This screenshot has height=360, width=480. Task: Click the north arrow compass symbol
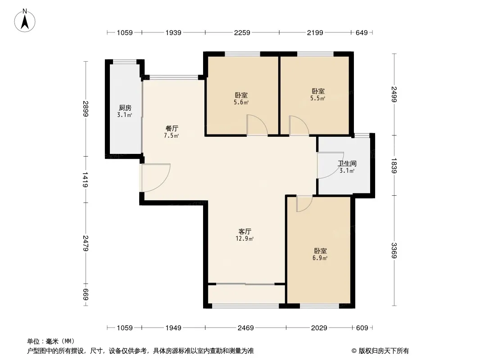[x=25, y=21]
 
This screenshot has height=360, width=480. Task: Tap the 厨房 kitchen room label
[x=125, y=108]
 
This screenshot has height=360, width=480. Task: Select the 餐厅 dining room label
[x=172, y=128]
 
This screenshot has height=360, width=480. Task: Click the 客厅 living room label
[x=245, y=231]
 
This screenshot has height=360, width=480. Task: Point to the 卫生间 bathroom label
[x=347, y=164]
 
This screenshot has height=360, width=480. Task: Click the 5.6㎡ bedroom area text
[x=241, y=103]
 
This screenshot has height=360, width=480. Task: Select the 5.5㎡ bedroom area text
[x=318, y=98]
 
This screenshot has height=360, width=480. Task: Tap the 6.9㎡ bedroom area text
[x=320, y=258]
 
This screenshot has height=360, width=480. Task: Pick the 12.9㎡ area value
[x=245, y=238]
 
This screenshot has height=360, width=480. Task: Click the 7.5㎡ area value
[x=172, y=135]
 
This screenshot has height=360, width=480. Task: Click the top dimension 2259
[x=242, y=32]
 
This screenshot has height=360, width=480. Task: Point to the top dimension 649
[x=362, y=32]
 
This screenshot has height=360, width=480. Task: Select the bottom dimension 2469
[x=246, y=328]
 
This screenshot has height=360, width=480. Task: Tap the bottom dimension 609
[x=362, y=328]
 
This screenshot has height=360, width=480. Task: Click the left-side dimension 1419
[x=86, y=180]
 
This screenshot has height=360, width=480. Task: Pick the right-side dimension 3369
[x=394, y=251]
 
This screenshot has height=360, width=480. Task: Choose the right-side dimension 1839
[x=394, y=166]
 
